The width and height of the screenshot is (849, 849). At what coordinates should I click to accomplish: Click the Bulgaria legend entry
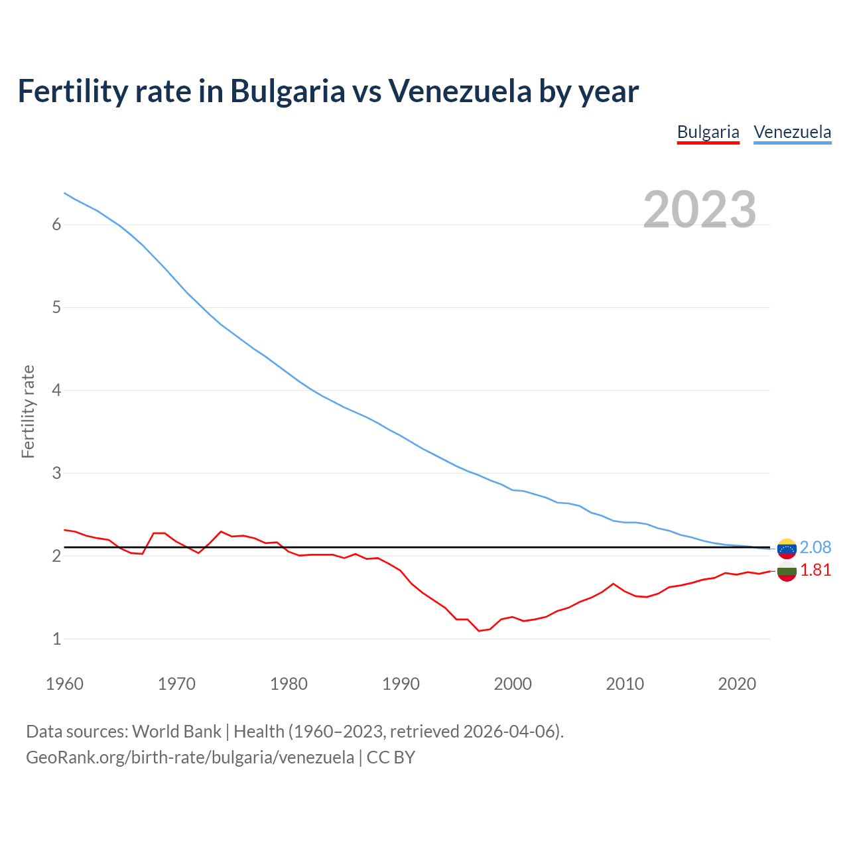pos(708,132)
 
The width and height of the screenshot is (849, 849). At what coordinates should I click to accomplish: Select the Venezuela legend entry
pos(792,132)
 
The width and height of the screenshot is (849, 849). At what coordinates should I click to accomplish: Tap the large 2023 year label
pos(700,210)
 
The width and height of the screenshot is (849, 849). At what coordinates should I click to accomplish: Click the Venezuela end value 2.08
pos(815,547)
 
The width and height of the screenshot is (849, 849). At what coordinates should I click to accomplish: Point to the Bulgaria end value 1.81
pos(815,570)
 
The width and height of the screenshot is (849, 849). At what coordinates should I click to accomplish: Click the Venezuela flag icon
pos(787,549)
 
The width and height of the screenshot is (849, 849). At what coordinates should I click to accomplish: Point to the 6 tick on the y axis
pos(56,224)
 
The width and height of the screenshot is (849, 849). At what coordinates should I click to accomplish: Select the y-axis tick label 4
pos(56,390)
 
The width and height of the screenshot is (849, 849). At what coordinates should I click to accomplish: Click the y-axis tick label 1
pos(56,639)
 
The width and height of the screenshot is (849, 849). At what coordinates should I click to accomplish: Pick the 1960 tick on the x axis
pos(64,684)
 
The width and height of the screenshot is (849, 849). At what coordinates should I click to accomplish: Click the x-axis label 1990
pos(401,684)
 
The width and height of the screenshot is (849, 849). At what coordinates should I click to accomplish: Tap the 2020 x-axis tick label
pos(737,684)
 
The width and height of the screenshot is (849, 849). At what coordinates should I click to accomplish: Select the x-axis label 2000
pos(513,684)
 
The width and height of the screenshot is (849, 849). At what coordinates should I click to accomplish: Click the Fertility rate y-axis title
pos(28,411)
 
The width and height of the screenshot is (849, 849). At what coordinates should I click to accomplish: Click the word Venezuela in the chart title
pos(460,91)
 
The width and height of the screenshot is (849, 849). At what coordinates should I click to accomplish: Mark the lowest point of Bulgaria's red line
pos(479,631)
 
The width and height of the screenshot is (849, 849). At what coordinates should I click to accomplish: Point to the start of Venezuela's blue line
pos(64,193)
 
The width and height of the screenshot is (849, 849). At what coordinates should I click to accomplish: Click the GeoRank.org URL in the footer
pos(190,757)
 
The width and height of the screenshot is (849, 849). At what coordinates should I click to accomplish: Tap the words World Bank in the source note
pos(176,732)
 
